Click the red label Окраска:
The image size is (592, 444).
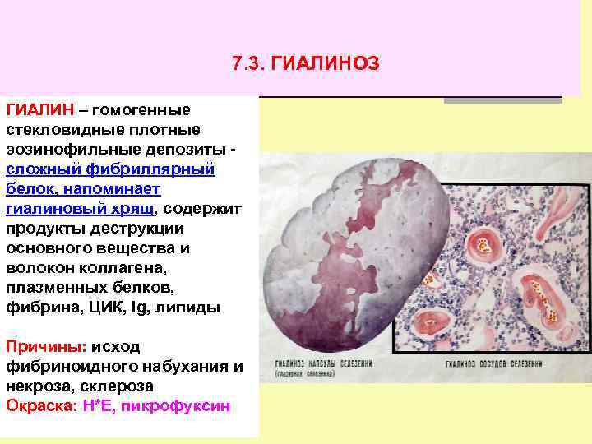[x=41, y=406]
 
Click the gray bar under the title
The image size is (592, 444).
[x=502, y=99]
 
